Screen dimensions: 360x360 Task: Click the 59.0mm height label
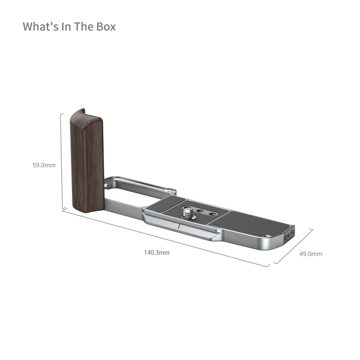(x=44, y=165)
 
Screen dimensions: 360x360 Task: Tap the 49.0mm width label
(x=312, y=254)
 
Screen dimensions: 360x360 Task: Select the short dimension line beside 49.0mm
(x=293, y=246)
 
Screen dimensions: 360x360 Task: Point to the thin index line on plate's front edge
(x=178, y=225)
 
